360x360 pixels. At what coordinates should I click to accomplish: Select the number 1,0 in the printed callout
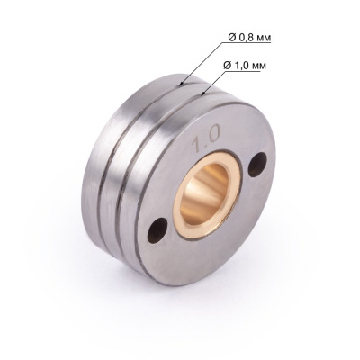pos(241,66)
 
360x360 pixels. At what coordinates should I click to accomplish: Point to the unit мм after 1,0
pos(262,66)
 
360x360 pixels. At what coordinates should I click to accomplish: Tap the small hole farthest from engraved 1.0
pos(161,227)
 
